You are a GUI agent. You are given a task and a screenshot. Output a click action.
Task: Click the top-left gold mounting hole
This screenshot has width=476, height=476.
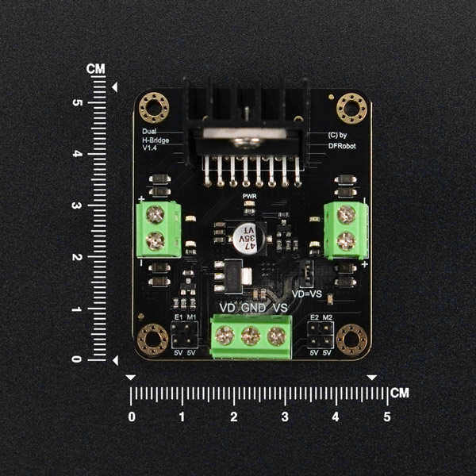pyautogui.click(x=154, y=105)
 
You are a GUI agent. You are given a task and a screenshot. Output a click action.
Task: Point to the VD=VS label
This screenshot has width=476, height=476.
pyautogui.click(x=307, y=293)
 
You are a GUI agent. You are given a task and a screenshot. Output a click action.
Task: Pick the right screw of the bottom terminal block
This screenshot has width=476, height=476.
pyautogui.click(x=278, y=336)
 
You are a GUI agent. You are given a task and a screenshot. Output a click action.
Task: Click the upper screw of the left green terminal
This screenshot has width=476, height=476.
pyautogui.click(x=156, y=214)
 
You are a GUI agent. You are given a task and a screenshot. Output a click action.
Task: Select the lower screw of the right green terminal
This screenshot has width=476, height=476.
pyautogui.click(x=347, y=242)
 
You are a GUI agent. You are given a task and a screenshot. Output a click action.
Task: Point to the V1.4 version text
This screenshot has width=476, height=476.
pyautogui.click(x=151, y=148)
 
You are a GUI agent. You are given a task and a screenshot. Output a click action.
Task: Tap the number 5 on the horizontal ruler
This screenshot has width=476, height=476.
pyautogui.click(x=387, y=416)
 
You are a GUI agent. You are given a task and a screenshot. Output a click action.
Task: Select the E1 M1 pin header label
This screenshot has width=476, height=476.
pyautogui.click(x=185, y=318)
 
